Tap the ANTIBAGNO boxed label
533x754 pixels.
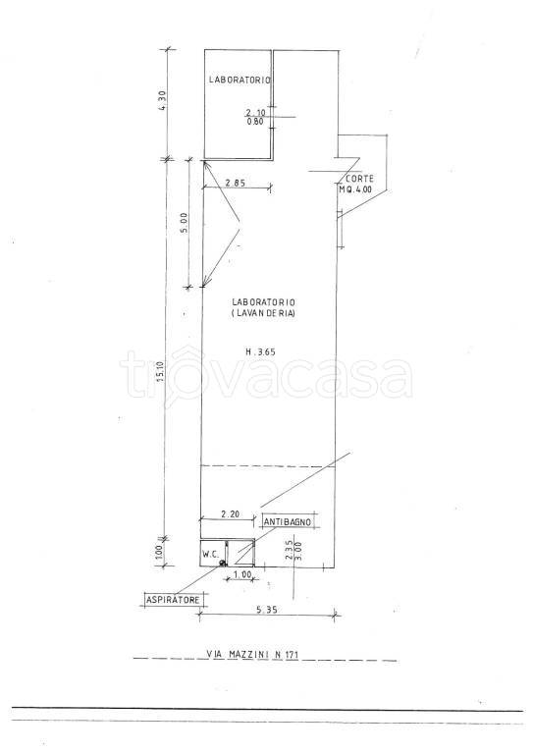[x=288, y=521]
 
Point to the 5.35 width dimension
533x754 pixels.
[x=267, y=610]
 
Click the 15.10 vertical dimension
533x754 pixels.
[x=161, y=372]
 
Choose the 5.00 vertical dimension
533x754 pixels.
[x=185, y=223]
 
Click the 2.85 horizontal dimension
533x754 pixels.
[x=236, y=183]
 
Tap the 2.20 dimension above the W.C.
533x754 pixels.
[x=230, y=513]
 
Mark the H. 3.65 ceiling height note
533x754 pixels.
[x=260, y=351]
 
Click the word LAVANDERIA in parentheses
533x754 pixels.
[x=263, y=313]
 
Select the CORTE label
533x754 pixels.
[x=361, y=179]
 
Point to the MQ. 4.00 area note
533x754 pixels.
[x=355, y=188]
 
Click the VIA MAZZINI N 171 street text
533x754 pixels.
[x=252, y=654]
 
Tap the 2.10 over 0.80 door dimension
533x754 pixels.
[x=255, y=117]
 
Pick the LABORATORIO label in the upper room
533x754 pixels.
[x=240, y=80]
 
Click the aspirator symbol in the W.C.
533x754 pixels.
[x=222, y=563]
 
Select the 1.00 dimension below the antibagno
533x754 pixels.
[x=242, y=574]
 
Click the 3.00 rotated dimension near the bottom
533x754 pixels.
[x=298, y=550]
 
